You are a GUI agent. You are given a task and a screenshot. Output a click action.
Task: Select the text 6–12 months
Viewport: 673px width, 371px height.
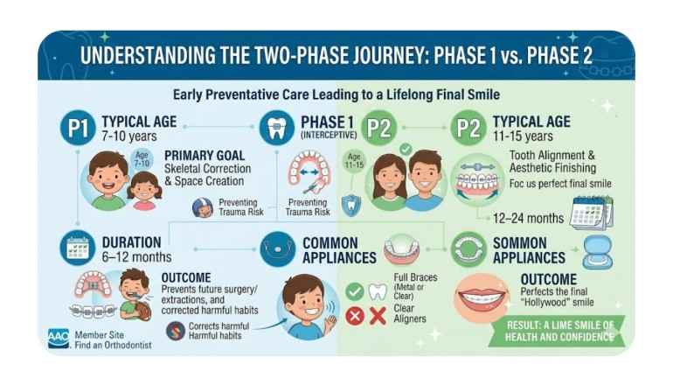coord(136,257)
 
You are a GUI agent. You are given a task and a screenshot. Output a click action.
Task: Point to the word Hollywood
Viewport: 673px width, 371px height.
coord(549,303)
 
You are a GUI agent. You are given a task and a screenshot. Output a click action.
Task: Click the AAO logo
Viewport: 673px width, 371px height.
coord(59,338)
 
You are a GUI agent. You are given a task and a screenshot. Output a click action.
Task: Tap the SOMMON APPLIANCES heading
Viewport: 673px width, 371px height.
coord(530,249)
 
